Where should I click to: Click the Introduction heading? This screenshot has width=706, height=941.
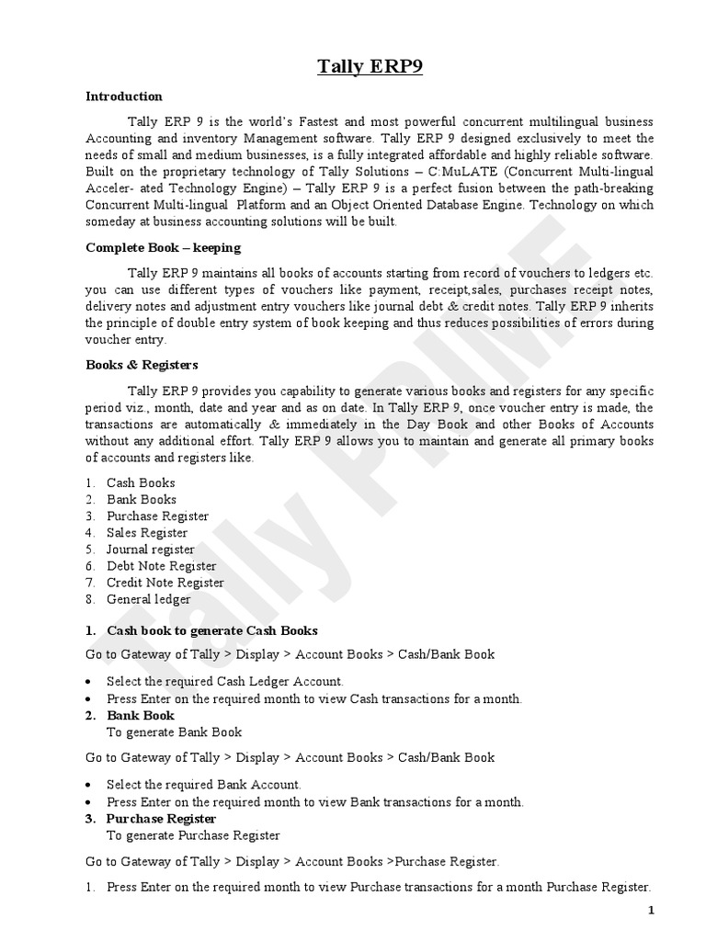(124, 96)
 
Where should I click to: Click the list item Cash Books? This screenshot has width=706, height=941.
(141, 482)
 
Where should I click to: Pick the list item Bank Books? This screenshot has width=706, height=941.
(142, 499)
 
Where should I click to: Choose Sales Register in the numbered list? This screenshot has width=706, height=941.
(147, 533)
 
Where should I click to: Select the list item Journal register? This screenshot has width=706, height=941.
(151, 550)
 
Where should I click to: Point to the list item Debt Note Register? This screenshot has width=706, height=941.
(162, 566)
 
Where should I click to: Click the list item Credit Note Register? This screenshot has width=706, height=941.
(165, 583)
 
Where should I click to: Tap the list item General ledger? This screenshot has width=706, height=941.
(149, 599)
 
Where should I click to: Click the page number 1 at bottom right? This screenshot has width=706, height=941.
(651, 911)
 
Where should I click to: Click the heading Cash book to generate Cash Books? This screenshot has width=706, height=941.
(212, 630)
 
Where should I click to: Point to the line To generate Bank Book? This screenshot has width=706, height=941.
(175, 732)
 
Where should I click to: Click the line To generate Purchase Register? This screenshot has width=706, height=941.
(193, 835)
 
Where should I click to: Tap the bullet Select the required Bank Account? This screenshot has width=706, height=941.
(204, 785)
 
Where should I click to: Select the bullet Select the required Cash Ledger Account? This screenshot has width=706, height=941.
(225, 682)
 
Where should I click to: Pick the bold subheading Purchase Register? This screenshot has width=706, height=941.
(162, 819)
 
